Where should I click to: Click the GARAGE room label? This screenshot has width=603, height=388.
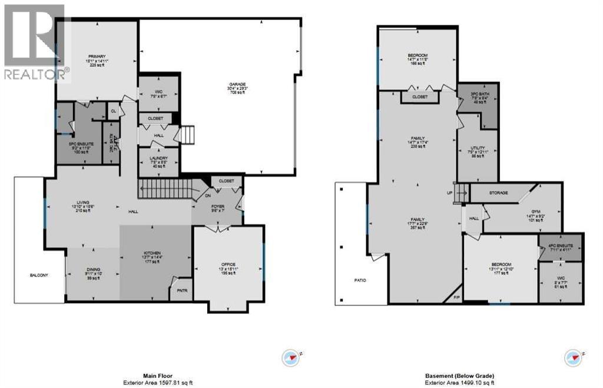[237, 85]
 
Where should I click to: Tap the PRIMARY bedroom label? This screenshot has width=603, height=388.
[97, 57]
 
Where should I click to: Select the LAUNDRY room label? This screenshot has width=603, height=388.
[158, 158]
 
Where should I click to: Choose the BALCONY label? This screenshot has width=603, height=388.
[40, 276]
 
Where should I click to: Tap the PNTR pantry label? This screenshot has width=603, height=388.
[181, 290]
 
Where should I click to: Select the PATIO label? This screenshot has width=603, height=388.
[360, 280]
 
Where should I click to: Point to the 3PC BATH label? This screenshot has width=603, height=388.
[478, 94]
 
